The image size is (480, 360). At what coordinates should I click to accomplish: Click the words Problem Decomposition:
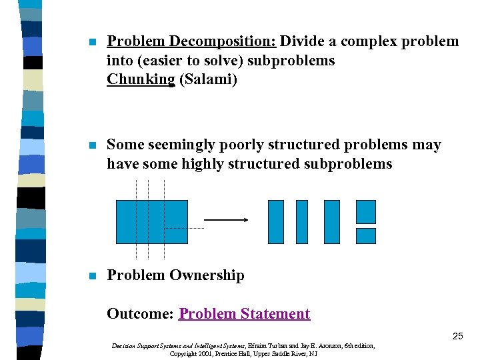click(191, 42)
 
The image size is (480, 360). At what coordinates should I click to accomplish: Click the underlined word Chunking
click(140, 79)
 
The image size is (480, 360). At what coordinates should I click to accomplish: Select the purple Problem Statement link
click(245, 314)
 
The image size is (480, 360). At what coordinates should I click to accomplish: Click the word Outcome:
click(141, 314)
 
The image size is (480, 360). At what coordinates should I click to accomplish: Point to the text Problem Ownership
click(175, 275)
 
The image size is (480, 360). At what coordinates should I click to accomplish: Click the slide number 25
click(457, 336)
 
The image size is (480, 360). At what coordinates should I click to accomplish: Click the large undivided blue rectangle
click(152, 221)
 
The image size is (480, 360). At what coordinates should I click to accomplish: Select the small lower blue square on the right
click(366, 235)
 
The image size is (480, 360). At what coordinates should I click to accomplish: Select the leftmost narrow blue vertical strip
click(275, 221)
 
